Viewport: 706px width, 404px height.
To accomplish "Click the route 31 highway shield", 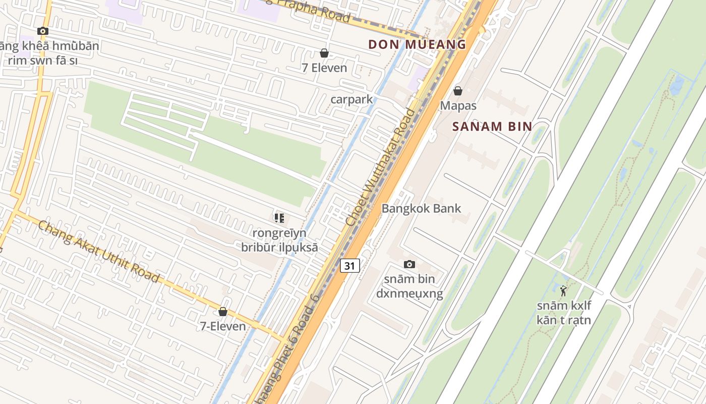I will (349, 265).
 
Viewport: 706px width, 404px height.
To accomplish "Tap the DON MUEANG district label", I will (417, 44).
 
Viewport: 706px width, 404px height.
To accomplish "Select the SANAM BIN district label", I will (492, 126).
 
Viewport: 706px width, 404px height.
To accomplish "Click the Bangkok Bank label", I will (421, 208).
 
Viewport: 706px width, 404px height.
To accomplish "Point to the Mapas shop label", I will (458, 106).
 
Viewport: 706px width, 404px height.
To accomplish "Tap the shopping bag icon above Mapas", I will (458, 91).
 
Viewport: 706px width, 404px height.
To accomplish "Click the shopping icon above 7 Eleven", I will (324, 53).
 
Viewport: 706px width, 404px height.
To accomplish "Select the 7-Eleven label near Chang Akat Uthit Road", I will (223, 326).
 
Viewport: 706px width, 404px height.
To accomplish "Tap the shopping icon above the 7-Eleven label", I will (223, 312).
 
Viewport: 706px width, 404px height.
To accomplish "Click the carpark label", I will (351, 99).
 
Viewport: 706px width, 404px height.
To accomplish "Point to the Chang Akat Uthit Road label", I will (98, 251).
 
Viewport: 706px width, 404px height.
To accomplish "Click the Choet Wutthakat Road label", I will (381, 167).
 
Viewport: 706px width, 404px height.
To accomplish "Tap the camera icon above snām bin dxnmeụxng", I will (409, 264).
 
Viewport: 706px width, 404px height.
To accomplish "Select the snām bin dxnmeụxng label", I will (409, 286).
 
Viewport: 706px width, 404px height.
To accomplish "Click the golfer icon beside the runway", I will (563, 291).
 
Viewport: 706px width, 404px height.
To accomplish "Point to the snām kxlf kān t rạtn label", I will (563, 313).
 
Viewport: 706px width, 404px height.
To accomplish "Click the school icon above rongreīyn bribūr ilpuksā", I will (279, 218).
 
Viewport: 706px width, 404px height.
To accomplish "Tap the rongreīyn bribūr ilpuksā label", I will (279, 240).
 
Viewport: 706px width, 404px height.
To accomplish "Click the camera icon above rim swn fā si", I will (43, 31).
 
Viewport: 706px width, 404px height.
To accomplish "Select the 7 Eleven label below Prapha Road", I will (324, 68).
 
